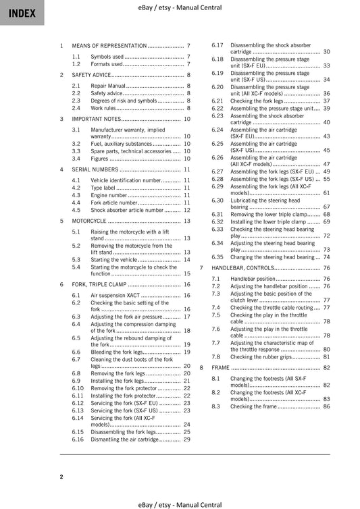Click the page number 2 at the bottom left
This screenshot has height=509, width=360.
pos(61,477)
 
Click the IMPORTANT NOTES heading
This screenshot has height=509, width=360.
pos(96,119)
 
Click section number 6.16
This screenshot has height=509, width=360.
pos(78,439)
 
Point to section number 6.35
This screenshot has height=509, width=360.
pos(217,257)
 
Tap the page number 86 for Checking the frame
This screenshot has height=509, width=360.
pos(326,406)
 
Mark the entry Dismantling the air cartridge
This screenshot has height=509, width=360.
pos(125,439)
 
